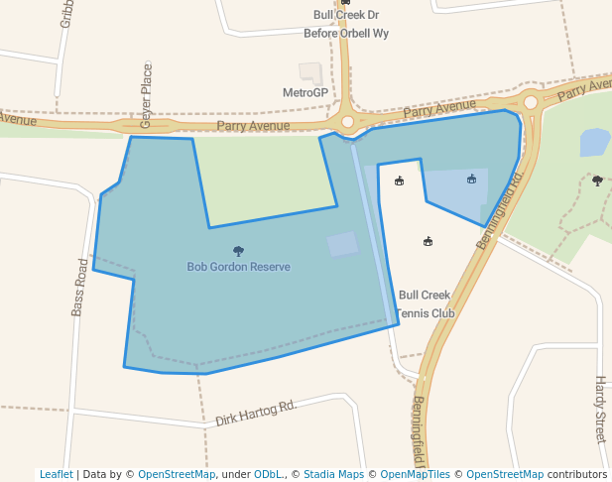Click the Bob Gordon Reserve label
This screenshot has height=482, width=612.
point(238,267)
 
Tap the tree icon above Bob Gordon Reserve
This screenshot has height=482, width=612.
point(238,252)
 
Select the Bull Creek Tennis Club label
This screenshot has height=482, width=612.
point(425,303)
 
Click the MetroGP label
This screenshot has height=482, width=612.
point(306,92)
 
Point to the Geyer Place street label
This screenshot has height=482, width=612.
point(147,95)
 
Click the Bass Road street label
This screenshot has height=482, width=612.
point(81,287)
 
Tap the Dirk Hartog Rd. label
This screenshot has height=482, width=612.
point(256,414)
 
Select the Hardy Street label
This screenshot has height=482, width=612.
point(599,408)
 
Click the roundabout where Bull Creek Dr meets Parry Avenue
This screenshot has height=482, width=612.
point(347,122)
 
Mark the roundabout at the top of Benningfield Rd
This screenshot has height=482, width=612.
point(531,102)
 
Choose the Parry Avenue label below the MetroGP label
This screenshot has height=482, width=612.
point(254,126)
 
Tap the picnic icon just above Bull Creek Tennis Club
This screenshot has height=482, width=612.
point(428,241)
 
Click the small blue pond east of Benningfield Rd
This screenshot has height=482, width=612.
point(594,142)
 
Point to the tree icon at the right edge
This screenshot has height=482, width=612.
point(597,181)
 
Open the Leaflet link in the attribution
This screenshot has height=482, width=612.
point(56,474)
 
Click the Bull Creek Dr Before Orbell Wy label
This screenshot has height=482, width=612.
point(346,24)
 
